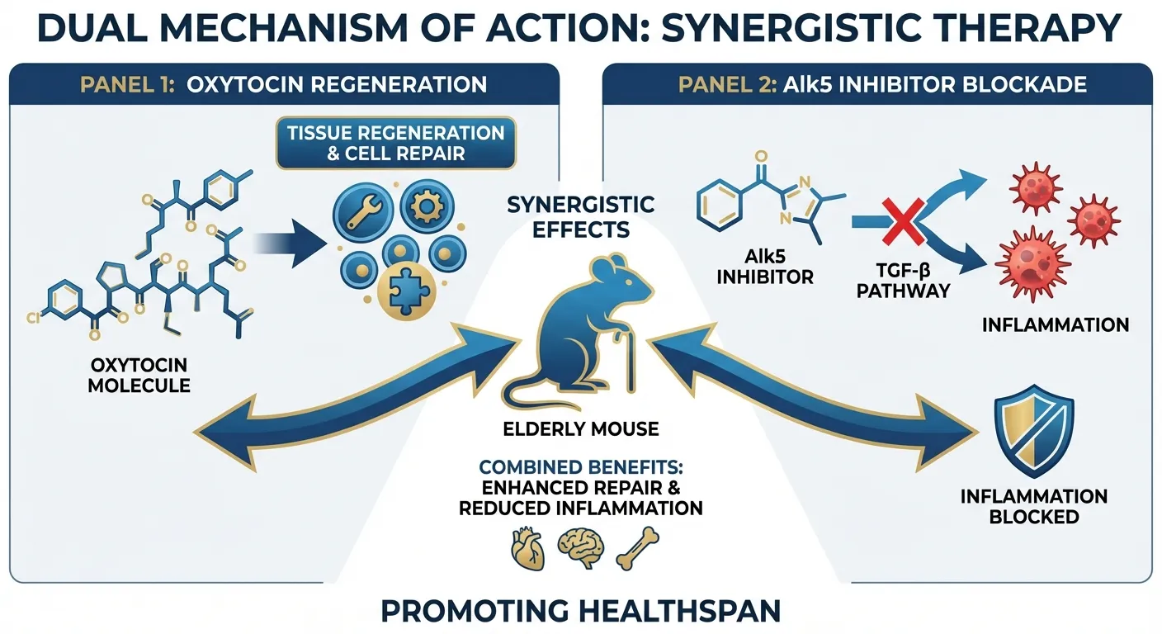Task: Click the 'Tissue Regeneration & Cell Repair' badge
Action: pos(395,143)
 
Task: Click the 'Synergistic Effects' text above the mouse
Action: pos(580,216)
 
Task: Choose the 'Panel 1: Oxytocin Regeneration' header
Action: pos(282,84)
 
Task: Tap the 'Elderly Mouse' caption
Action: pos(580,428)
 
